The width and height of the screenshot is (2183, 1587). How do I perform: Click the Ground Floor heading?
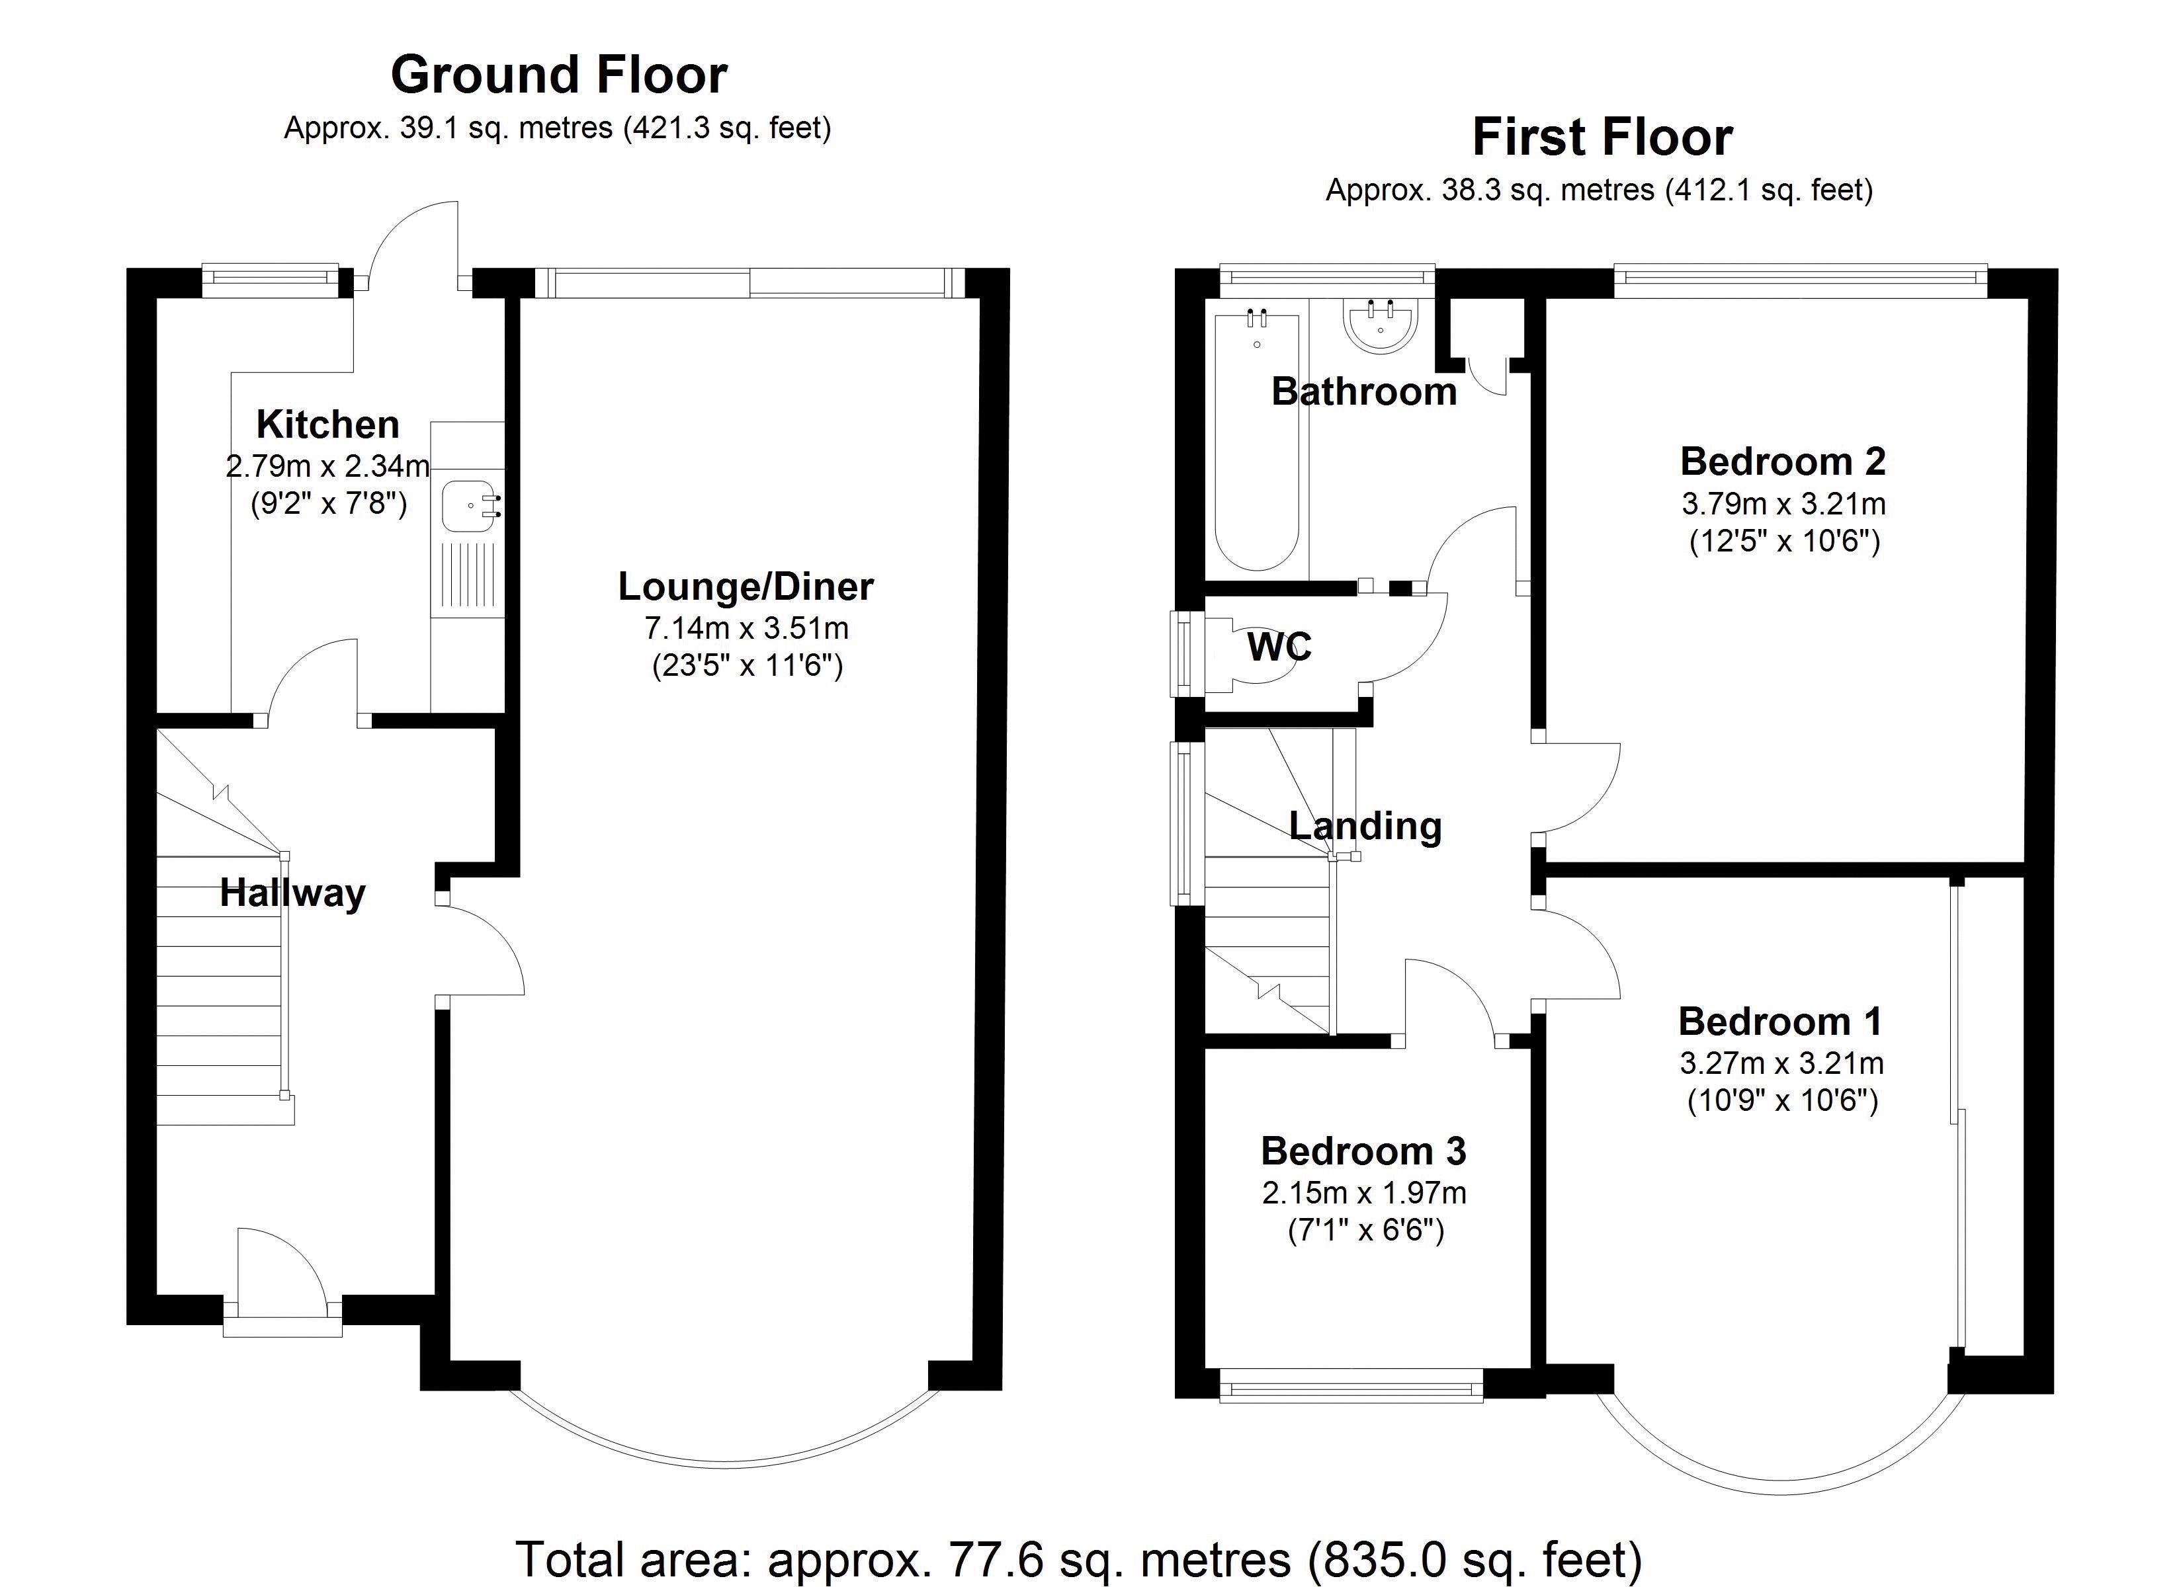(x=558, y=75)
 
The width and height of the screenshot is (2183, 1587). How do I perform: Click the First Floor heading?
(x=1603, y=138)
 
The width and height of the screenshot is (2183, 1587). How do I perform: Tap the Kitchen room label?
(x=327, y=425)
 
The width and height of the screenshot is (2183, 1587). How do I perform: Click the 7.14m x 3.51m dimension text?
(x=746, y=628)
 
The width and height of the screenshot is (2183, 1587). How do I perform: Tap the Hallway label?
(x=292, y=893)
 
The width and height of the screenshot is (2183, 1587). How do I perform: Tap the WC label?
(x=1279, y=647)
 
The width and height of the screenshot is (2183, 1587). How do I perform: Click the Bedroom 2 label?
(x=1783, y=462)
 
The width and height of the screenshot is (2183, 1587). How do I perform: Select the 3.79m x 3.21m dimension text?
(x=1783, y=503)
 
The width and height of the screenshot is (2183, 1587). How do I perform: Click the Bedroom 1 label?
(x=1781, y=1021)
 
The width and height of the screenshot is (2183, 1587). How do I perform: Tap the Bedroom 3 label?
(x=1364, y=1151)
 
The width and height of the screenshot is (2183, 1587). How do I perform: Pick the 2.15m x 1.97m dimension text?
(x=1364, y=1194)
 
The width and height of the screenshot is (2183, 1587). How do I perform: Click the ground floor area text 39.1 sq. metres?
(x=505, y=128)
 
